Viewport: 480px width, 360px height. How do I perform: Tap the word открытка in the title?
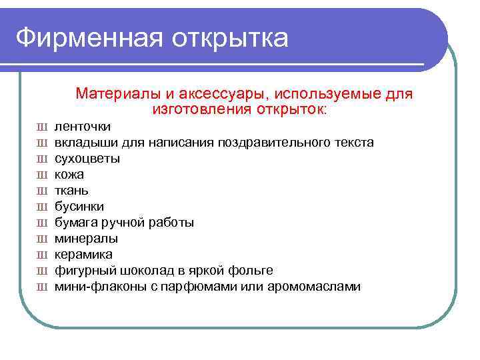click(231, 38)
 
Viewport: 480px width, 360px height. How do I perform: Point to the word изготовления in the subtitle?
click(197, 109)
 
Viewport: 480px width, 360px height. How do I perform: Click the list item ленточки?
click(83, 127)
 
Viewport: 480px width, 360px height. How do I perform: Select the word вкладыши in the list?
click(85, 143)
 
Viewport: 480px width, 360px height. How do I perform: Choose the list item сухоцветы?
click(87, 159)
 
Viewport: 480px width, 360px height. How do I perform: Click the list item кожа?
click(69, 175)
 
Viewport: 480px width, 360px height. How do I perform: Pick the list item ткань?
click(71, 191)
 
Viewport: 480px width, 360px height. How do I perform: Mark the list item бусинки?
click(79, 207)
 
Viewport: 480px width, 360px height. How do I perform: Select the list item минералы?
click(86, 239)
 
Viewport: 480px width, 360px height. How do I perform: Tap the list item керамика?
click(83, 255)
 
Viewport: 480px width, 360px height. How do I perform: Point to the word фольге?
click(251, 271)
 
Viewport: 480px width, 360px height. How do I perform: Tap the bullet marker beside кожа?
click(41, 175)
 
